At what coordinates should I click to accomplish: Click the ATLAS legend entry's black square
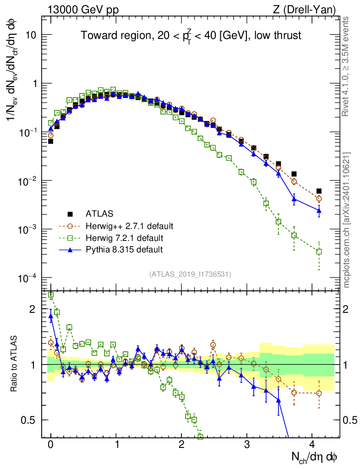coord(71,214)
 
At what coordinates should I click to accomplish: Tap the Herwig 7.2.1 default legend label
coord(125,238)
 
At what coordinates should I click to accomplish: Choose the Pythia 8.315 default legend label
coord(124,250)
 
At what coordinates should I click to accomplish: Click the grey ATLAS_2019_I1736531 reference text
coord(190,274)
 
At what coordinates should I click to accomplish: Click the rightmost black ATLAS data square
coord(319,191)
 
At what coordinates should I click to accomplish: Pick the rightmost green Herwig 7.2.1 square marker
coord(319,251)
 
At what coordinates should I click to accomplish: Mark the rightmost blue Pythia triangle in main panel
coord(319,211)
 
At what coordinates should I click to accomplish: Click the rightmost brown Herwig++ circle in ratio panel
coord(319,393)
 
